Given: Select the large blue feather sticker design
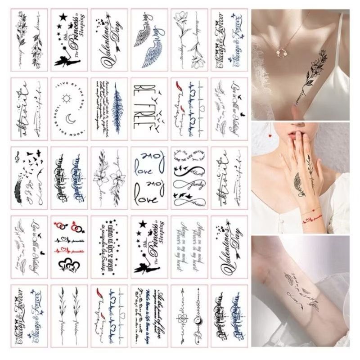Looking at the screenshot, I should (114, 108).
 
